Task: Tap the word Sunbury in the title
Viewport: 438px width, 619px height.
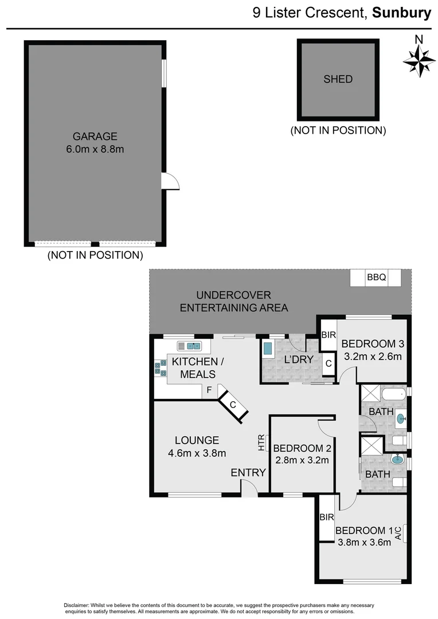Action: [401, 13]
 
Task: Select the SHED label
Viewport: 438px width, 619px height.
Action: [338, 79]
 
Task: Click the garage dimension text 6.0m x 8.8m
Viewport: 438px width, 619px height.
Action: [95, 150]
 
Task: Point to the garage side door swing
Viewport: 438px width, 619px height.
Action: [171, 182]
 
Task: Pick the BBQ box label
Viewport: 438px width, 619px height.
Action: [376, 278]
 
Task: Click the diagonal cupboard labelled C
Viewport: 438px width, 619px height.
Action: [233, 404]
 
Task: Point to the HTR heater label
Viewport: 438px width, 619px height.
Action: [262, 442]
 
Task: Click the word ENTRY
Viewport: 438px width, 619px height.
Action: [248, 473]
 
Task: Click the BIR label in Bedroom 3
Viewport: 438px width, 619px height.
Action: [328, 335]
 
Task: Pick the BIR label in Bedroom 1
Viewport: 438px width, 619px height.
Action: [327, 517]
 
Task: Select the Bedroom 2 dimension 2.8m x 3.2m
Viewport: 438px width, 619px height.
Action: [300, 460]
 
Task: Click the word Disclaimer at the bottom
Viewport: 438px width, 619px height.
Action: [77, 606]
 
